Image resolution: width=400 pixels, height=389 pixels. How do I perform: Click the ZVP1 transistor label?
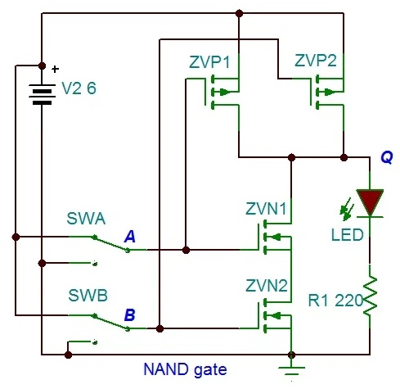coord(209,62)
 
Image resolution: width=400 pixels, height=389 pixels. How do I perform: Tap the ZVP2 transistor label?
coord(316,61)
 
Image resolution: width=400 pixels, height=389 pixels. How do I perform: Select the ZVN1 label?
coord(266,209)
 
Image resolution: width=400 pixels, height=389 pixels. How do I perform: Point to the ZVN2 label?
coord(267,286)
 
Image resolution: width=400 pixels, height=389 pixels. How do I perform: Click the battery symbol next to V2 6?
coord(42,94)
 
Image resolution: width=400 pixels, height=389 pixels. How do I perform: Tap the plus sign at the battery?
coord(55,69)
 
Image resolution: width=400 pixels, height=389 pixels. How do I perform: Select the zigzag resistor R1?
coord(370,296)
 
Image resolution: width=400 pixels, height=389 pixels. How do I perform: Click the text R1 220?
coord(335,301)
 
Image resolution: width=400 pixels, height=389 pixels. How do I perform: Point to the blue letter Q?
coord(387,157)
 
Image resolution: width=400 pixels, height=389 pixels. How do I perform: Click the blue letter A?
coord(129,237)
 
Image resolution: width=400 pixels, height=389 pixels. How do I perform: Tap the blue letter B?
coord(129,314)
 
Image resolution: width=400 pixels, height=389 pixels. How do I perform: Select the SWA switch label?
coord(86,219)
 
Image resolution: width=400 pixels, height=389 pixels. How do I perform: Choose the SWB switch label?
coord(88,296)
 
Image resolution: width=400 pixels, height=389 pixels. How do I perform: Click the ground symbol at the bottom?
coord(291,371)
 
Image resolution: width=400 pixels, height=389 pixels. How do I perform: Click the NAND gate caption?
coord(185,370)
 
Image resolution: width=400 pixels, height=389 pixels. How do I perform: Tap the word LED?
coord(348,235)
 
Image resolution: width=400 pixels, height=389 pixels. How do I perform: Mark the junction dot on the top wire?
coord(239,13)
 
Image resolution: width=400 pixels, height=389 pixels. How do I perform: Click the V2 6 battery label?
coord(79,88)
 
